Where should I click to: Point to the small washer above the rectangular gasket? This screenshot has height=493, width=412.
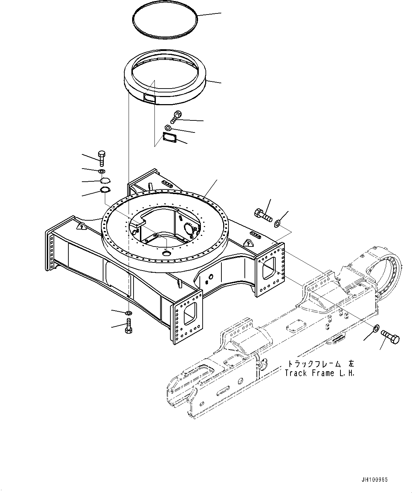click(x=168, y=127)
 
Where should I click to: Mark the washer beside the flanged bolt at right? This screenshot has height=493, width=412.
click(x=277, y=223)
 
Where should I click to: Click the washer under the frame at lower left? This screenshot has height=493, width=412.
click(x=128, y=313)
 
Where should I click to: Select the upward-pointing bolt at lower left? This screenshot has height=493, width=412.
click(x=128, y=325)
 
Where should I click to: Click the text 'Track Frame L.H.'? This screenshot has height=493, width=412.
click(x=320, y=373)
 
